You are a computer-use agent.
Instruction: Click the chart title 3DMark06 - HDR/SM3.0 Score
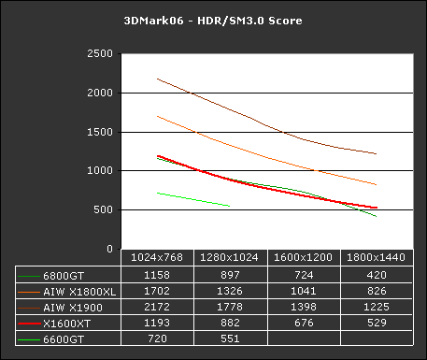[213, 21]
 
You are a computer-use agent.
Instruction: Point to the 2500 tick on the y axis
[101, 54]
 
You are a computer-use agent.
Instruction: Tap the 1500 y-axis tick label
[101, 133]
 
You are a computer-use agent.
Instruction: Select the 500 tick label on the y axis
[105, 211]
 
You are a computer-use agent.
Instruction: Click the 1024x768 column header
[157, 256]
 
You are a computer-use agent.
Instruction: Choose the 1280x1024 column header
[231, 256]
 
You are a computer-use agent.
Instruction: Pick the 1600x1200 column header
[304, 256]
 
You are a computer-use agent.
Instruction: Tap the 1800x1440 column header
[377, 256]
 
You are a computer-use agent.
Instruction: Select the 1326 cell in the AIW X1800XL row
[231, 292]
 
